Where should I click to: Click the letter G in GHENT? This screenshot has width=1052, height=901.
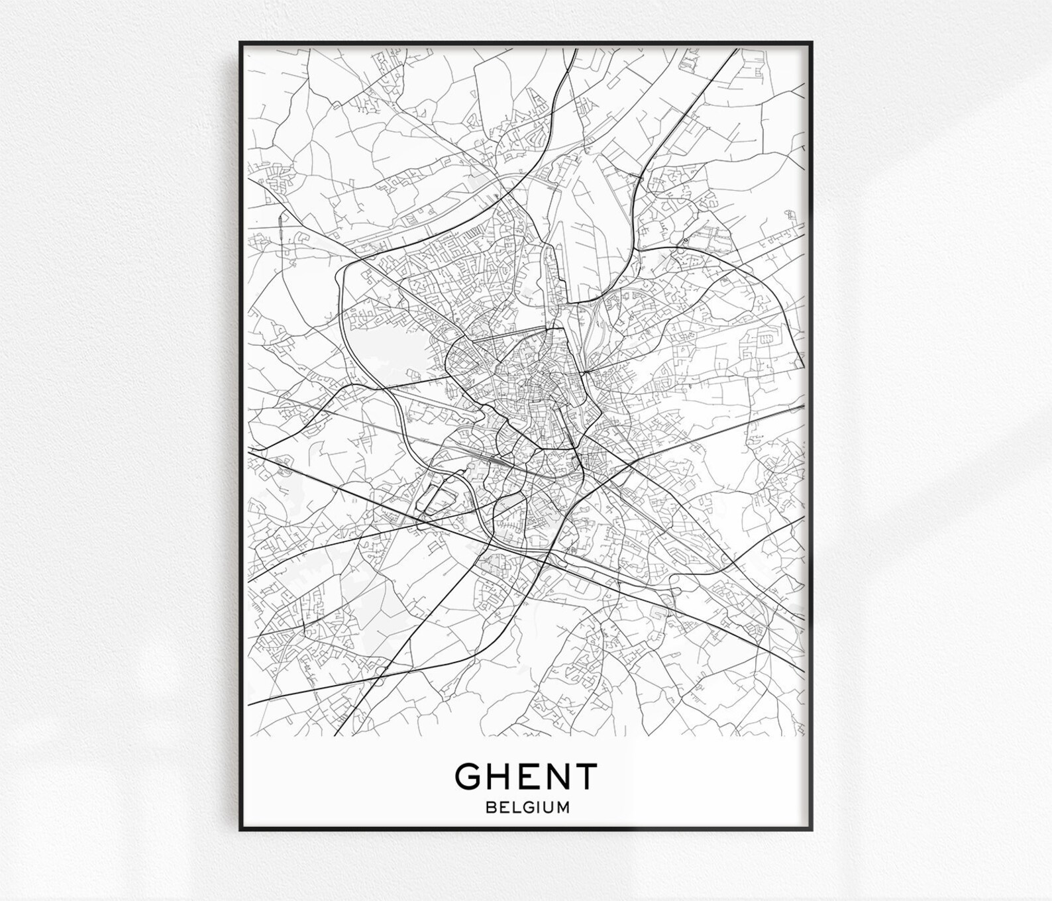468,776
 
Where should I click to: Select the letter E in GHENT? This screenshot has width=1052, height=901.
527,776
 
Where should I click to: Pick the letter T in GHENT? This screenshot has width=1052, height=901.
585,776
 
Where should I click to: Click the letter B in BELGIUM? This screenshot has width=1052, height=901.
490,808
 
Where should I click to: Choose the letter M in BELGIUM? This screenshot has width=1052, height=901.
562,808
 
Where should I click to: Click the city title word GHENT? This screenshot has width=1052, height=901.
527,776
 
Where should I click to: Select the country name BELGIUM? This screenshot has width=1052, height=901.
527,808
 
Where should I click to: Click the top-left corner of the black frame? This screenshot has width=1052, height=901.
240,42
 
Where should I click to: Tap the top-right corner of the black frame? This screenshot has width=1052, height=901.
812,42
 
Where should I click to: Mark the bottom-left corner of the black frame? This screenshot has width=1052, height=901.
240,829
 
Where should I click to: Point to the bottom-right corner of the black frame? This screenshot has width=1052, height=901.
812,829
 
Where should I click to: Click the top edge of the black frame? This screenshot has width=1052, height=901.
526,42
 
